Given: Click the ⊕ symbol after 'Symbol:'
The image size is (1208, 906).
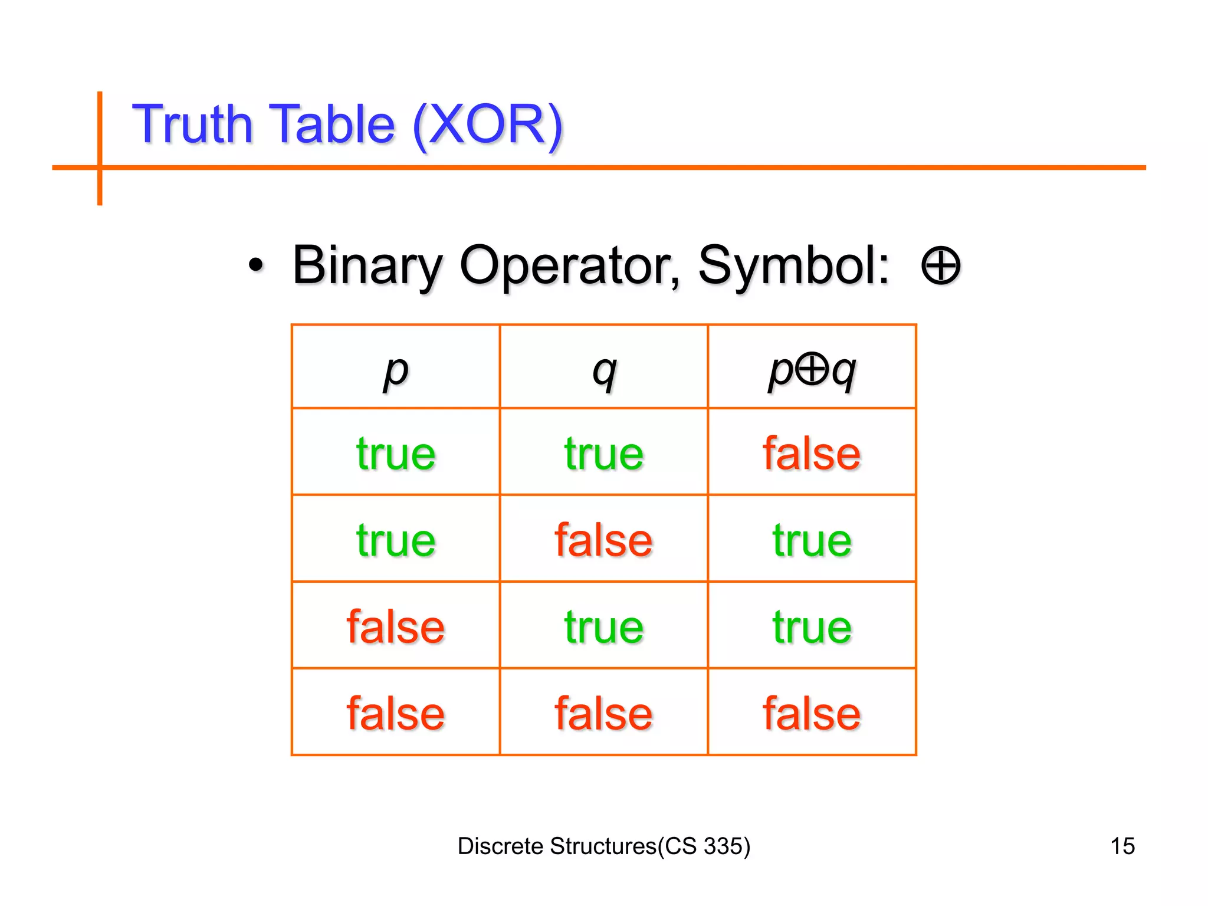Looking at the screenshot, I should tap(940, 266).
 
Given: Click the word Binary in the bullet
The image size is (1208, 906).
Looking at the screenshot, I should tap(367, 266).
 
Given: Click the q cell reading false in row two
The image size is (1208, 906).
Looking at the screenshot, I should tap(603, 540).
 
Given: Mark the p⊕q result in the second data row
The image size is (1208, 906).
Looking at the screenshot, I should tap(812, 540).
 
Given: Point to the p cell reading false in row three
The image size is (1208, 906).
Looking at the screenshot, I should tap(396, 626).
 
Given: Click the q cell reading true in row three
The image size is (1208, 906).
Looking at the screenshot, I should tap(603, 626).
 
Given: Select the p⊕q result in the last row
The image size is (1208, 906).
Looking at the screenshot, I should tap(812, 713).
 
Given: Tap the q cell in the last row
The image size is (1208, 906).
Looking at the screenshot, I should tap(603, 713).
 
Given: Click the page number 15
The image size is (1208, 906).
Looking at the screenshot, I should tap(1122, 846).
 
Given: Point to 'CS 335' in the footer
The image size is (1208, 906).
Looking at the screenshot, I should tap(704, 846).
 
